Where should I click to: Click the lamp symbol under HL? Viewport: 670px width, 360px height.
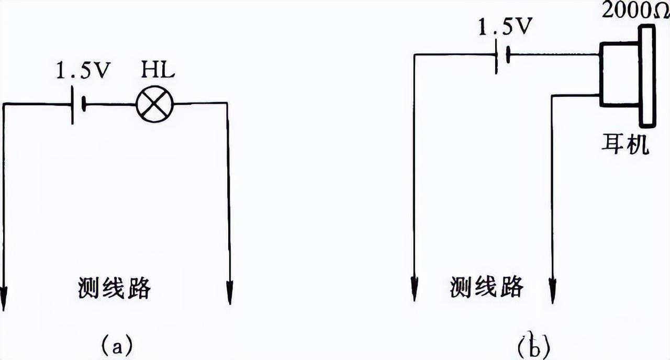coord(154,104)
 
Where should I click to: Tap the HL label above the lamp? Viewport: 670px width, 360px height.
coord(158,71)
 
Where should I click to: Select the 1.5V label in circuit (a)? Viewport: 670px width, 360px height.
coord(83,71)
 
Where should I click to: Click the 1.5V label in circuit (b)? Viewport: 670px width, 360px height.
coord(505,27)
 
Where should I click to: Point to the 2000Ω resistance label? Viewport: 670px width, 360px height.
coord(635,11)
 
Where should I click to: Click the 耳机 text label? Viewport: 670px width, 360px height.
coord(626,143)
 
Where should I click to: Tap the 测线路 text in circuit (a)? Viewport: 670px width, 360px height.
coord(114,287)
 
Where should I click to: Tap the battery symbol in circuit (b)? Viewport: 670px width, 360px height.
coord(502,55)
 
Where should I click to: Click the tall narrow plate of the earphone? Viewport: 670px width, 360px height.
coord(647,76)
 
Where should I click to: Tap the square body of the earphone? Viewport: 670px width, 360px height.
coord(619,75)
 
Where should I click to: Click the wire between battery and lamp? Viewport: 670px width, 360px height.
coord(110,105)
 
